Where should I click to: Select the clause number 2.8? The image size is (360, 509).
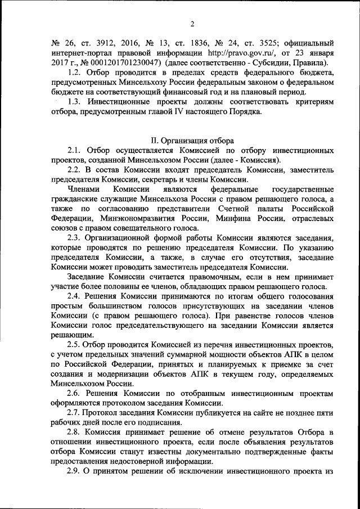(74, 432)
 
